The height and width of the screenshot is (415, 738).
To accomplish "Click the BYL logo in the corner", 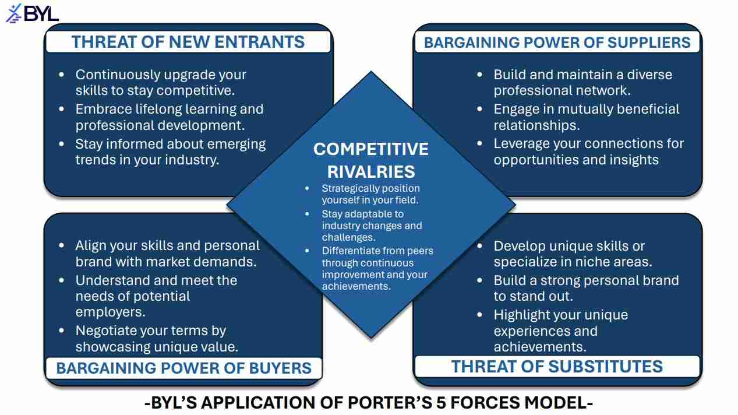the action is tap(32, 13).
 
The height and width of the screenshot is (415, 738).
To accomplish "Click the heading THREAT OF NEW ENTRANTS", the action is tap(188, 42).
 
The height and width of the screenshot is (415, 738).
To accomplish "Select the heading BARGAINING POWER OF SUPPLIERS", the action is tap(557, 43).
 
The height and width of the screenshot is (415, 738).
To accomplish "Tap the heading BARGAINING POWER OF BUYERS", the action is tap(184, 368).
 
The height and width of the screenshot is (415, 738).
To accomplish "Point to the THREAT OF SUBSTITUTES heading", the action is tap(557, 367).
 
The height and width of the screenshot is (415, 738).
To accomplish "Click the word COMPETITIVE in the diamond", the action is tap(371, 149).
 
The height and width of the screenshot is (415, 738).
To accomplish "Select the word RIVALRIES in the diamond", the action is tap(371, 172).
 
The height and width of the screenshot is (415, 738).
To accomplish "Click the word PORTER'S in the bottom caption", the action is tap(390, 403).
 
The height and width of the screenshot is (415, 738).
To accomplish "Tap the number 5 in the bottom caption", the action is tap(442, 403).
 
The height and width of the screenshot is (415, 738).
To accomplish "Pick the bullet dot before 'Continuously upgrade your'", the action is tap(61, 75).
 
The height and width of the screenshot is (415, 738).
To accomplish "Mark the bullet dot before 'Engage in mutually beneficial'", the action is tap(480, 109).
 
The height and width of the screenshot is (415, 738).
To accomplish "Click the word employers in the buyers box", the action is tap(110, 312).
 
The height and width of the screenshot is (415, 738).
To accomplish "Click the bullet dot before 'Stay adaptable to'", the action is tap(307, 214).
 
